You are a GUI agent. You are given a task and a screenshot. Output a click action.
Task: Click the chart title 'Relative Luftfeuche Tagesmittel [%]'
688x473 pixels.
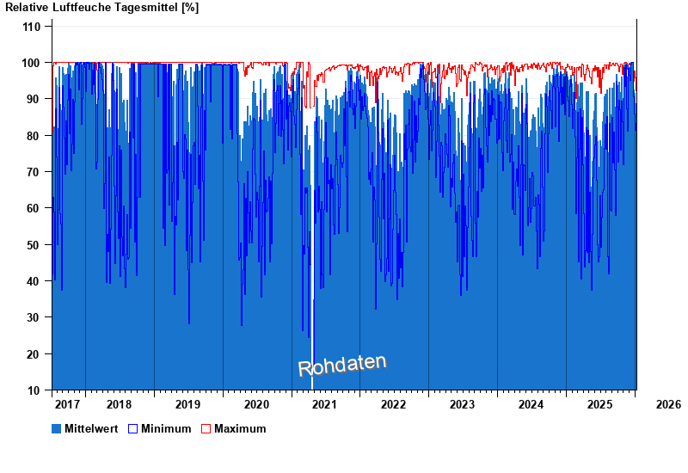pos(102,7)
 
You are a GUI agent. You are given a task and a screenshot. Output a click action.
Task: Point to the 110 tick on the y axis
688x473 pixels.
pos(32,27)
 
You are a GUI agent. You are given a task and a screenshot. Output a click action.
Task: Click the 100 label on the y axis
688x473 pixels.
pos(32,63)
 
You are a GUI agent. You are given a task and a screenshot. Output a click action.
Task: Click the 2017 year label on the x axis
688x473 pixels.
pos(67,404)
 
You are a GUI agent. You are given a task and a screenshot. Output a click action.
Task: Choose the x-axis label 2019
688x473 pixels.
pos(187,404)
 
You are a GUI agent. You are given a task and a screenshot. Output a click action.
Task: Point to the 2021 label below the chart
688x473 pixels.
pos(324,404)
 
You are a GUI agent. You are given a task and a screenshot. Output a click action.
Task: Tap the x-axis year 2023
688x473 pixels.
pos(462,404)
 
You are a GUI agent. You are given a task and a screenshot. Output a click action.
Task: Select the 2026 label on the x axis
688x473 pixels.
pos(667,404)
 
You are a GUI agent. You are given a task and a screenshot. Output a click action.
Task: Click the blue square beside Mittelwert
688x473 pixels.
pos(57,428)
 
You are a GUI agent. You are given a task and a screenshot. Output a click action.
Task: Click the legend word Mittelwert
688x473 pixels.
pos(90,428)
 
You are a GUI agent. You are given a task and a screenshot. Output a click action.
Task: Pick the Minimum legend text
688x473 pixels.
pos(166,428)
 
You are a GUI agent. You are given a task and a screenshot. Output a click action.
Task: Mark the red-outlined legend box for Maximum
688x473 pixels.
pos(206,428)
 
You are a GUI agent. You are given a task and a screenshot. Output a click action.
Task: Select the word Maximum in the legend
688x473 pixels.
pos(240,428)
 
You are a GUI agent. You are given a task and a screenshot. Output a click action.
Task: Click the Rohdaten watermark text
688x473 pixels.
pos(342,365)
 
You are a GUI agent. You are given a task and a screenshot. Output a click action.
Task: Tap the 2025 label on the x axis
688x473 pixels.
pos(599,404)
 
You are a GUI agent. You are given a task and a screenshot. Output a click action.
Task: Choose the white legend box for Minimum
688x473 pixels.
pos(132,428)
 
